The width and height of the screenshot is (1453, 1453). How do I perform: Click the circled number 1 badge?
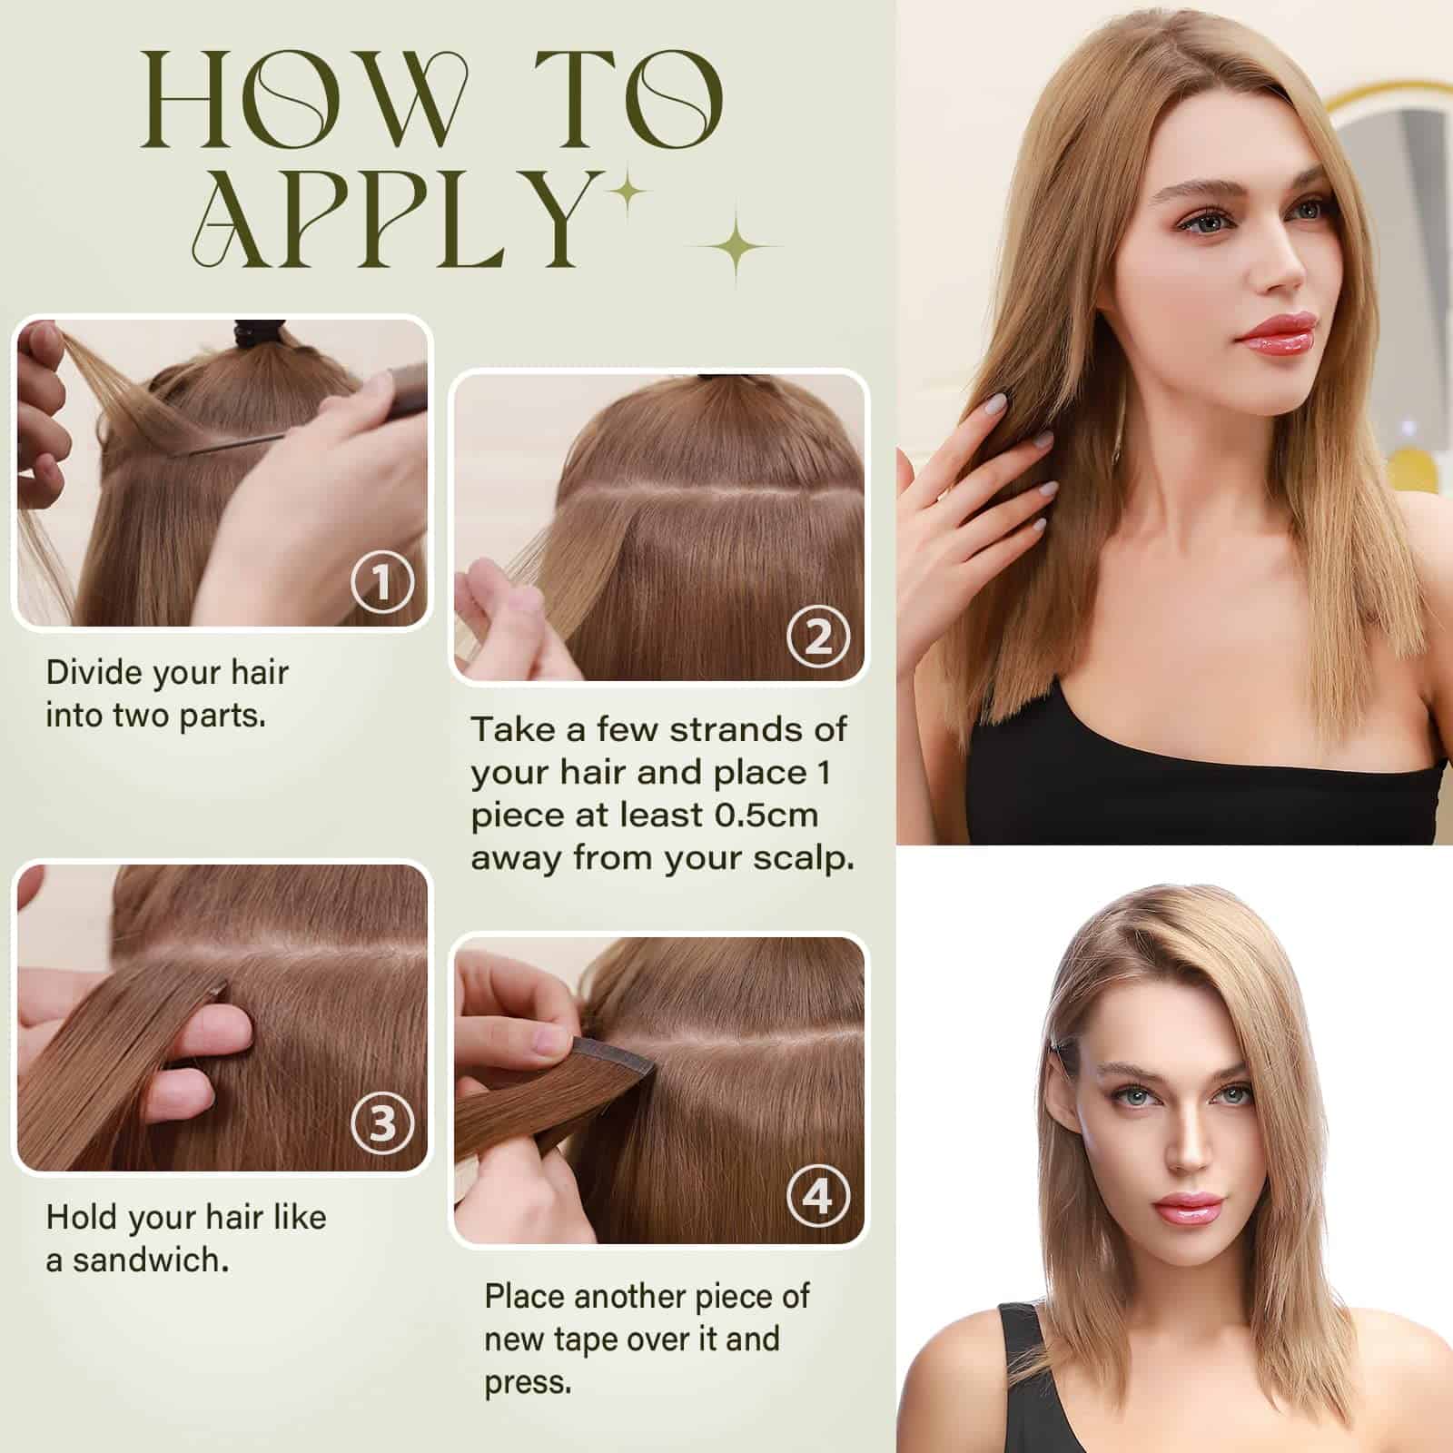(x=382, y=582)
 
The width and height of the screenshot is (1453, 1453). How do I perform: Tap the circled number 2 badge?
(x=818, y=637)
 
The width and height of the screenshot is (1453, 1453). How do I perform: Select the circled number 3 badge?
(x=382, y=1123)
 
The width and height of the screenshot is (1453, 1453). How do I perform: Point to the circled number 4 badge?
(x=818, y=1196)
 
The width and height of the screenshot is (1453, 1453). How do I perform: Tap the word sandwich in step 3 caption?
(x=150, y=1260)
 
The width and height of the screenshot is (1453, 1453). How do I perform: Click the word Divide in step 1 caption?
(x=94, y=673)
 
